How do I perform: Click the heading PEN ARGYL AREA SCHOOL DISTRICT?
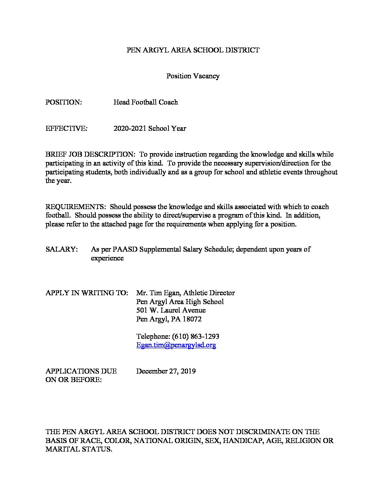click(x=193, y=50)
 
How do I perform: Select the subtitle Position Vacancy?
click(x=193, y=76)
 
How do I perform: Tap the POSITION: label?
click(x=64, y=102)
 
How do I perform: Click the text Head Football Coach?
click(x=145, y=102)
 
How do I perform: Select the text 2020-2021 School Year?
click(x=150, y=128)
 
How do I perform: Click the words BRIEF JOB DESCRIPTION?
click(x=90, y=155)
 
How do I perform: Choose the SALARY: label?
click(x=62, y=249)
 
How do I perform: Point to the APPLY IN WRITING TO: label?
click(x=87, y=293)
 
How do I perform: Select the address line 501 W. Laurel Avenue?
click(x=171, y=310)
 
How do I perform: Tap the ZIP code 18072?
click(x=192, y=319)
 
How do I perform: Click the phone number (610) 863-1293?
click(x=195, y=336)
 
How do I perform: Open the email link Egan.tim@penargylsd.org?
click(x=176, y=345)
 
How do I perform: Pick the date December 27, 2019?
click(x=166, y=371)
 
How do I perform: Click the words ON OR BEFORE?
click(x=73, y=380)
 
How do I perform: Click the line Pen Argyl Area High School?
click(x=180, y=302)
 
